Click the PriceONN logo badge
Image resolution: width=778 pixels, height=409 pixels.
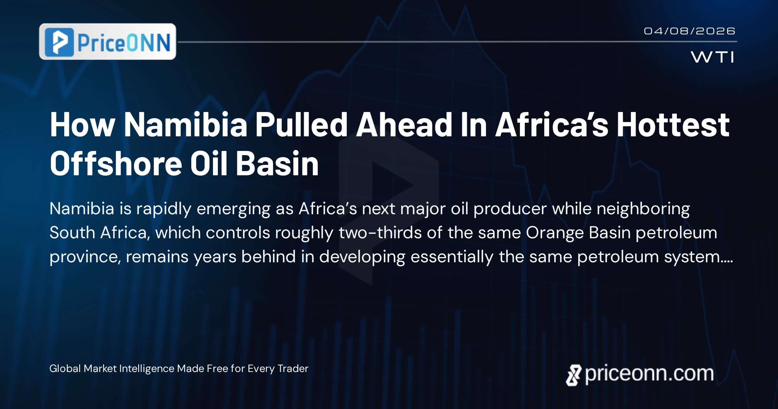point(107,42)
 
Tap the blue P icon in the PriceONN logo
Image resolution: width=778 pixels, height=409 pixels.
point(59,42)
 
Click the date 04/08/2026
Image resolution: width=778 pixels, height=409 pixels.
point(689,31)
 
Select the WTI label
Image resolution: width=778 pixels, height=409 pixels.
point(713,57)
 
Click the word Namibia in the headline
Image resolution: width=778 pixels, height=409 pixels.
point(186,125)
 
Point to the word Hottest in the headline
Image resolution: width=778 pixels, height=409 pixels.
point(673,125)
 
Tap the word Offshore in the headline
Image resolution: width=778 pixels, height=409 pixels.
point(116,164)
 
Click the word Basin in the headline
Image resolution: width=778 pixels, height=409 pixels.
point(277,164)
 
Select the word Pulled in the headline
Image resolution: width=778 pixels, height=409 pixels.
point(301,125)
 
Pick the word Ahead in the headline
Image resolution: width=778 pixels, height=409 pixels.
point(404,125)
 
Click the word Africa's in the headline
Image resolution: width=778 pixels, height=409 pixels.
point(552,125)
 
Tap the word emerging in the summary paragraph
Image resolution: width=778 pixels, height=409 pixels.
point(233,209)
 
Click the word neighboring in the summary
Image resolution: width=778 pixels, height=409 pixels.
point(643,209)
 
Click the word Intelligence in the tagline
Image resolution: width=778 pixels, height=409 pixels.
point(147,369)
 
